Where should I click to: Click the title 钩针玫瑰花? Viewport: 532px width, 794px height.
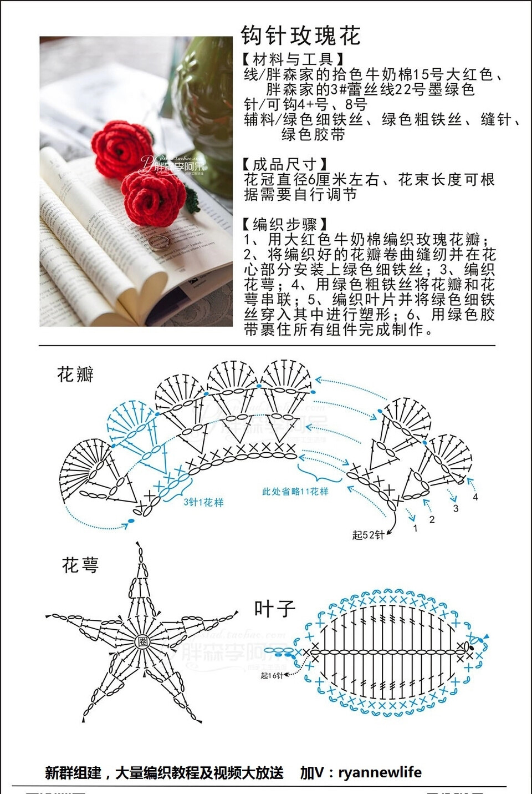tap(301, 36)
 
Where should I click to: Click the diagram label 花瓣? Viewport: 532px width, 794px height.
tap(75, 375)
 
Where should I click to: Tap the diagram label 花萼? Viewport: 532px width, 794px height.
tap(80, 565)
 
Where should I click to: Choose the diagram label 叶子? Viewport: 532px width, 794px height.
tap(274, 609)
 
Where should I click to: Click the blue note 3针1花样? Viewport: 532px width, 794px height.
tap(203, 502)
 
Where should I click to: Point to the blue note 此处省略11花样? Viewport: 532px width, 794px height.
tap(295, 491)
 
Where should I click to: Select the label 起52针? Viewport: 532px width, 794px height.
tap(368, 535)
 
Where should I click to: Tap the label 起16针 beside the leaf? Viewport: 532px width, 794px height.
tap(272, 675)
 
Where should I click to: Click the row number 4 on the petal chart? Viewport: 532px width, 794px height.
tap(475, 497)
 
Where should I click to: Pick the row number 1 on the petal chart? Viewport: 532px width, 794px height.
tap(415, 528)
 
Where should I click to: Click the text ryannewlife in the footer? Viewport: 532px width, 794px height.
tap(380, 772)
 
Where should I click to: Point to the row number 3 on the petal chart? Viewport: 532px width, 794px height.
tap(456, 508)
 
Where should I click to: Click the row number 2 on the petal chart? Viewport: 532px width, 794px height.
tap(432, 520)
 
